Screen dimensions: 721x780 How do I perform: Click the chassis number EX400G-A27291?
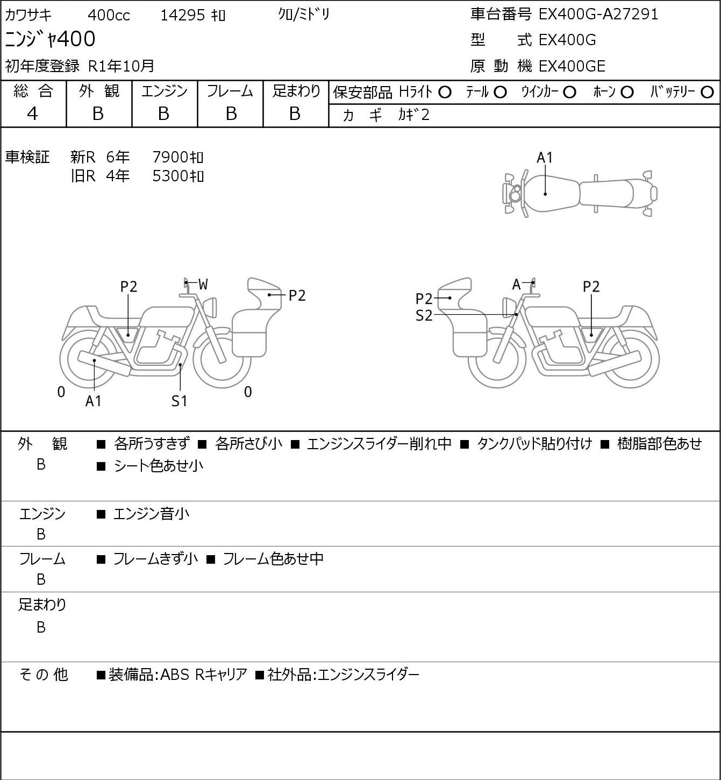point(598,14)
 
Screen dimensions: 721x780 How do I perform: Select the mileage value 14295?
point(183,15)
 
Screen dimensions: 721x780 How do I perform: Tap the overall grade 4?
point(32,114)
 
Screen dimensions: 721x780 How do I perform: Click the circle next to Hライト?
point(445,93)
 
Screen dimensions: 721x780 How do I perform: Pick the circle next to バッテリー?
point(707,93)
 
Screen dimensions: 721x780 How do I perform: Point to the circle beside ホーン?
point(627,93)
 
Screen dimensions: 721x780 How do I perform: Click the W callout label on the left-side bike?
point(203,285)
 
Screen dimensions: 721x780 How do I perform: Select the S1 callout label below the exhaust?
point(180,401)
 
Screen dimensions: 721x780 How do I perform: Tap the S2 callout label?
point(424,315)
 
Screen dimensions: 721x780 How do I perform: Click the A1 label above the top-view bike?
point(545,158)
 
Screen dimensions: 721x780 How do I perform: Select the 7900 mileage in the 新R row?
point(170,157)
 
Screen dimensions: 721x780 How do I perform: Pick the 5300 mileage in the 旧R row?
point(170,176)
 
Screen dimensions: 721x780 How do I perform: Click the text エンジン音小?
point(151,514)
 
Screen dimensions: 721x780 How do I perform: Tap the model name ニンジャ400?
point(50,39)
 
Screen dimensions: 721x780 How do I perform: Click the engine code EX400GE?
point(572,66)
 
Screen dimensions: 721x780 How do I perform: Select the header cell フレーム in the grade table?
point(230,91)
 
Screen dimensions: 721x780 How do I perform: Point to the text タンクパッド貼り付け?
point(534,444)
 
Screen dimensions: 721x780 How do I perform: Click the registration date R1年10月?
point(121,66)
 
